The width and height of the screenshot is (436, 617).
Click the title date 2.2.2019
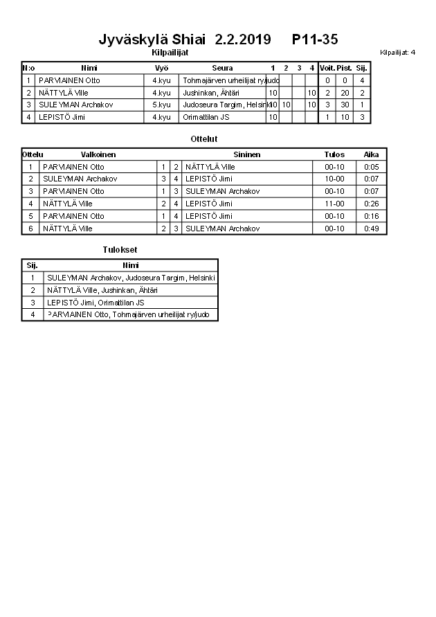(243, 39)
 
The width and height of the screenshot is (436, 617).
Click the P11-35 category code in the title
(315, 39)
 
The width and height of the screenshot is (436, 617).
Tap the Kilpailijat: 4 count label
(397, 52)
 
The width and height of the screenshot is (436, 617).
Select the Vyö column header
(161, 68)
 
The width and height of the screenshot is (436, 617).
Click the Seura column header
(222, 68)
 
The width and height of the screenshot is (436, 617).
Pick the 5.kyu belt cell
(161, 105)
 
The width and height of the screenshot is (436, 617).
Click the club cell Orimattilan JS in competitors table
(206, 117)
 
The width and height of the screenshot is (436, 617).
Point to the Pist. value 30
(345, 105)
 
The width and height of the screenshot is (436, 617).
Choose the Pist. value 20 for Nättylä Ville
(345, 93)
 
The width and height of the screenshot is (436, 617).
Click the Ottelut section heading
(203, 139)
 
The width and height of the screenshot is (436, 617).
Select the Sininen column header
(246, 154)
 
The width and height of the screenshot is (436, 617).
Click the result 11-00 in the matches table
(334, 204)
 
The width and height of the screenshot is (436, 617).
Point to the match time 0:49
(371, 229)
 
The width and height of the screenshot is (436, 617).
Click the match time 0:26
(371, 204)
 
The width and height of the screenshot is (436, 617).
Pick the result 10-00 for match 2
(334, 179)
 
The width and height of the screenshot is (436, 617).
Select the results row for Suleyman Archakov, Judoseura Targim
(131, 278)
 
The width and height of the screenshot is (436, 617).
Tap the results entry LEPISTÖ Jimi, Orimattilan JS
(96, 303)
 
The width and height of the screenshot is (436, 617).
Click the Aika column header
(371, 154)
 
